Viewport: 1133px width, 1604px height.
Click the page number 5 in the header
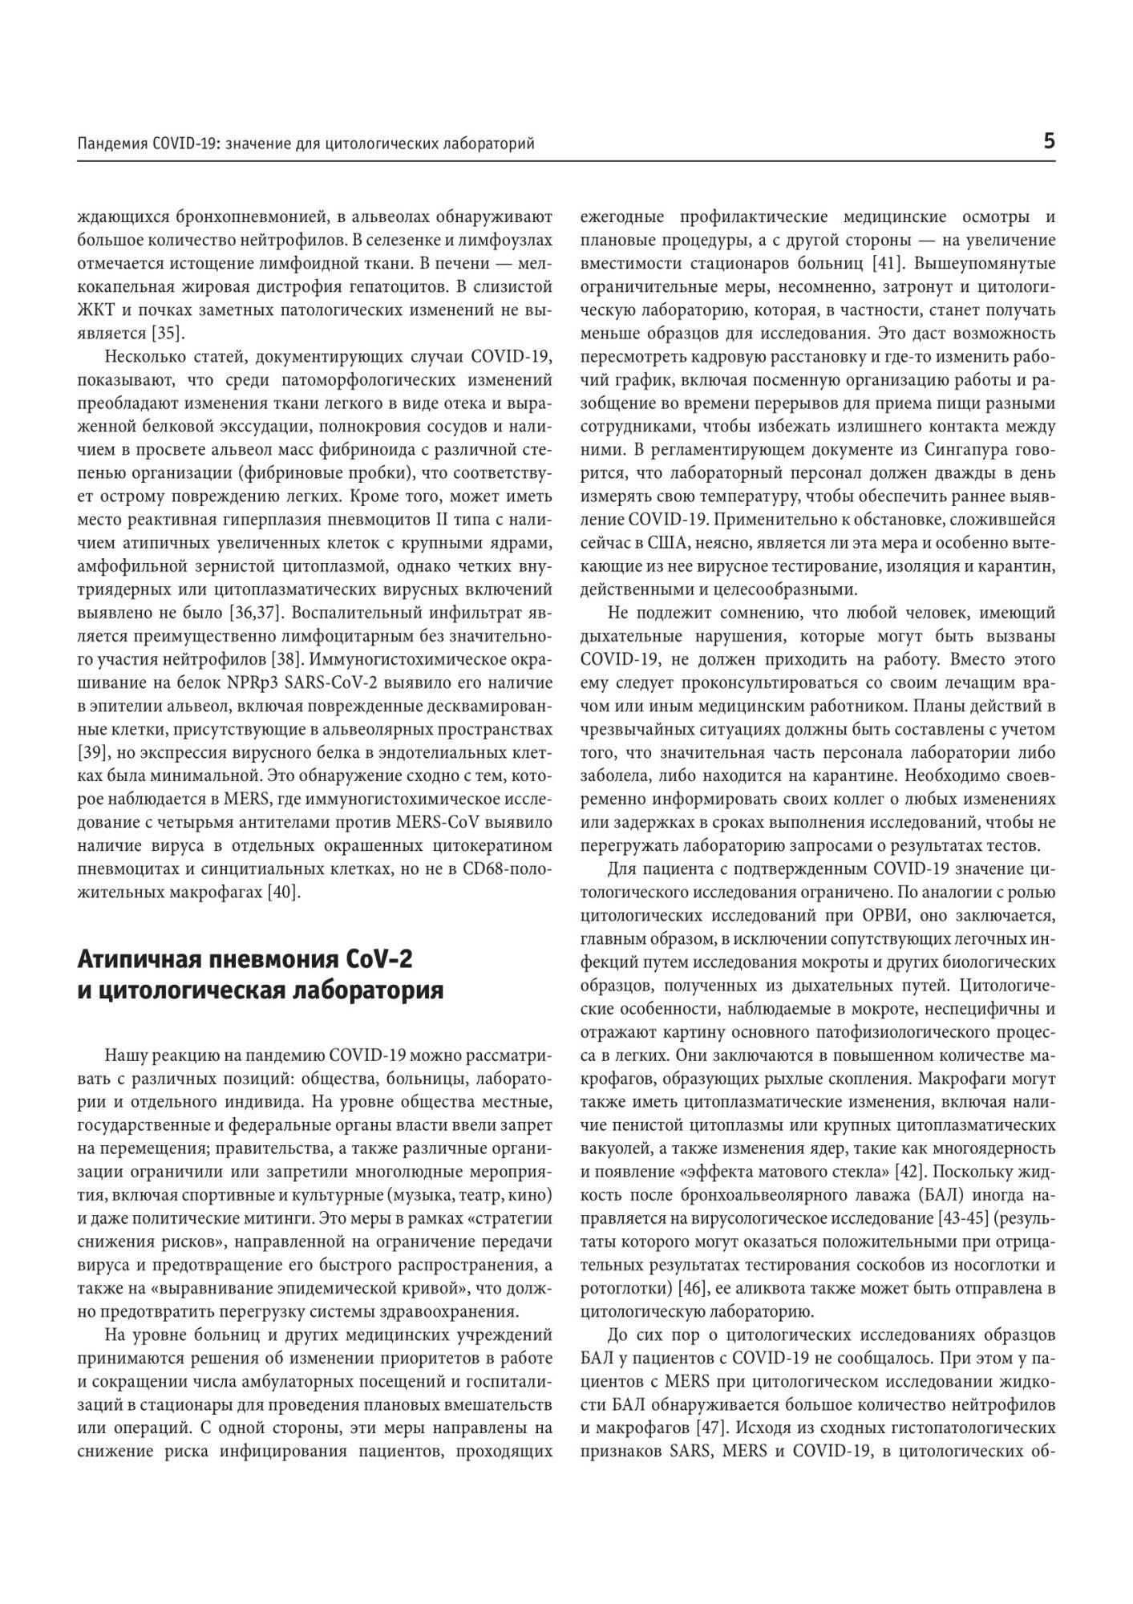1048,142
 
